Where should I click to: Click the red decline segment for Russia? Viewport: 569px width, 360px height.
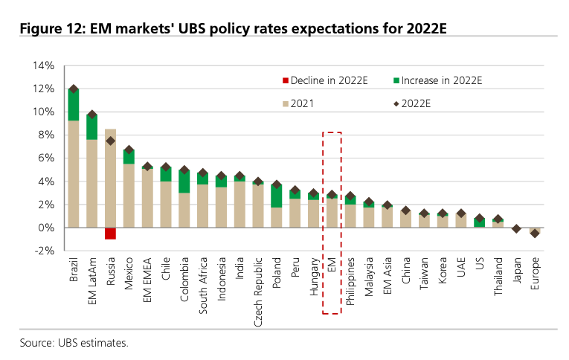pos(110,234)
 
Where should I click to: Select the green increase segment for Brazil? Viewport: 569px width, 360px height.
pos(74,105)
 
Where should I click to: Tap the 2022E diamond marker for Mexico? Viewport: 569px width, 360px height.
pos(129,151)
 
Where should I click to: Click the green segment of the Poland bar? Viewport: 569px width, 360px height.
pos(277,196)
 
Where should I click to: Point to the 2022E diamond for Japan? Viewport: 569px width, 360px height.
pos(516,228)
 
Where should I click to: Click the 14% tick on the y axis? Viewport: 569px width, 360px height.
pos(44,65)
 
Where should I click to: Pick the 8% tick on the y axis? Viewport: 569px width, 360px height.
pos(45,135)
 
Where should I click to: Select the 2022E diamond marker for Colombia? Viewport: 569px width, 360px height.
pos(184,170)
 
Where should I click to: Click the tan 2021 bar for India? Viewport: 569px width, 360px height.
pos(240,205)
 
